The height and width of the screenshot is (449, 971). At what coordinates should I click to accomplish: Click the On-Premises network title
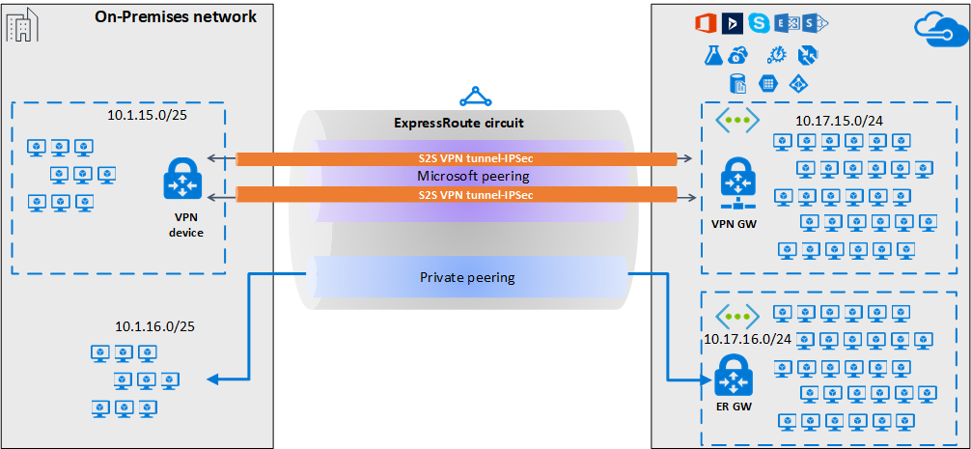pyautogui.click(x=176, y=16)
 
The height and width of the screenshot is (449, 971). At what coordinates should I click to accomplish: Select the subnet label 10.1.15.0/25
pyautogui.click(x=150, y=116)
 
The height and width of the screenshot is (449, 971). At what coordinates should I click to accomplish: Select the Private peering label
pyautogui.click(x=466, y=277)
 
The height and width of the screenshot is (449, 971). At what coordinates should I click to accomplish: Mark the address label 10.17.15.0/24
pyautogui.click(x=840, y=122)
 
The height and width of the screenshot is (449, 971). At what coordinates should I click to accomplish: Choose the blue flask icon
pyautogui.click(x=712, y=55)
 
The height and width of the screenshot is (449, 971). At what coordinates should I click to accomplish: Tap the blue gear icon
pyautogui.click(x=776, y=55)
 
